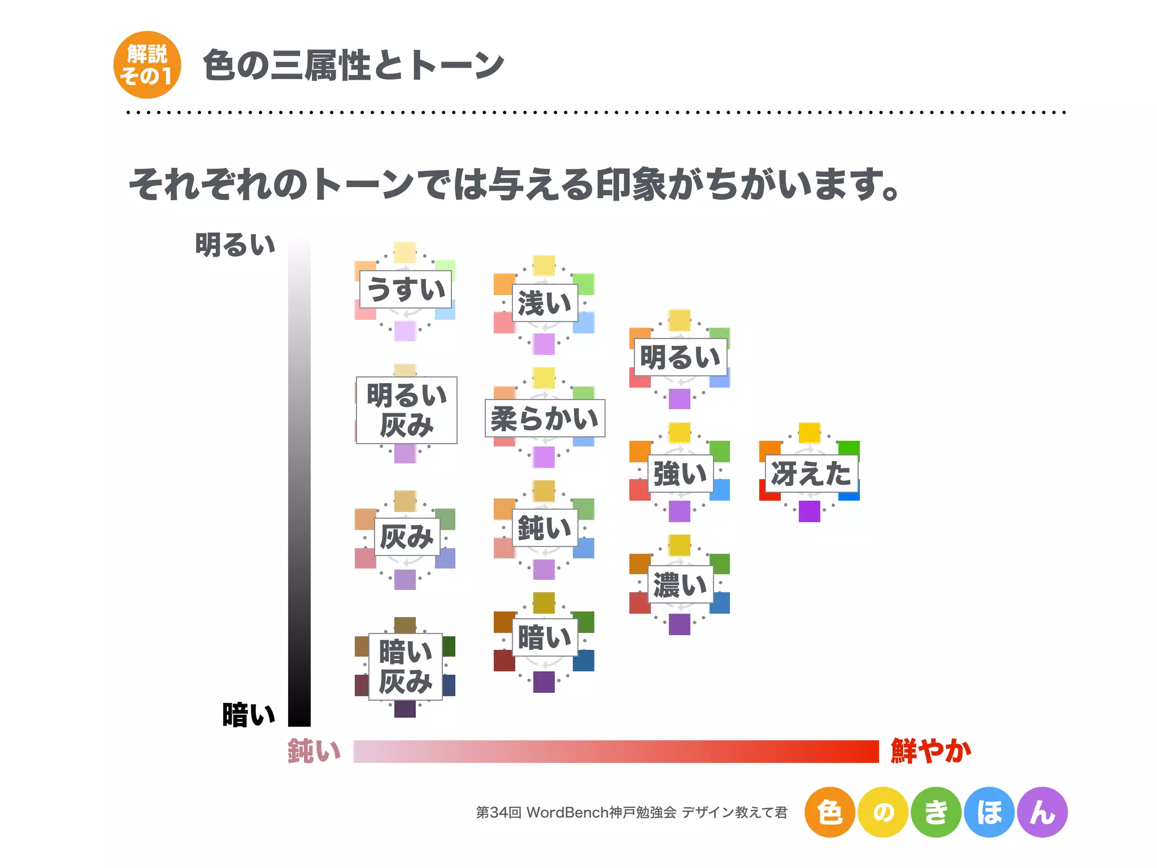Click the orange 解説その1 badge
coord(147,65)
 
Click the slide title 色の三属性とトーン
coord(353,65)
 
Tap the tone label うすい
coord(406,289)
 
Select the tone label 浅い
coord(545,303)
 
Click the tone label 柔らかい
coord(545,418)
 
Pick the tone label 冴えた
coord(811,474)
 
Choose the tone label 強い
coord(680,474)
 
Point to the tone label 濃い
coord(680,585)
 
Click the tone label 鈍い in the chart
coord(545,528)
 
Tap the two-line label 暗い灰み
coord(406,667)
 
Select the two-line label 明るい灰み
coord(406,410)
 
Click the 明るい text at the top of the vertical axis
coord(235,245)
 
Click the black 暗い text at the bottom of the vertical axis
coord(249,715)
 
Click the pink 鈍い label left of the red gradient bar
coord(314,751)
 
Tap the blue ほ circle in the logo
coord(989,812)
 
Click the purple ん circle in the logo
coord(1042,812)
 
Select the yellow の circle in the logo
coord(883,812)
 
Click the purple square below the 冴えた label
coord(809,511)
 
